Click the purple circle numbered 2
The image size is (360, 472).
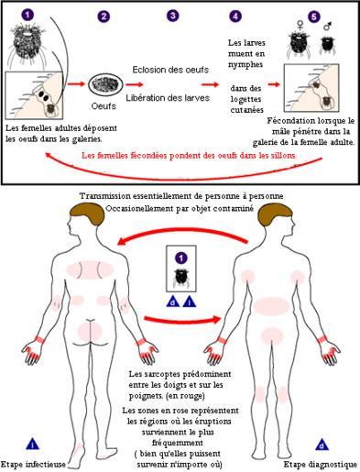[x=104, y=16]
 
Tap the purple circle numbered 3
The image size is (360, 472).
[x=173, y=16]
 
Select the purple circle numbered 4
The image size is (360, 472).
[x=235, y=16]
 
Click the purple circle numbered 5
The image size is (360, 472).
[x=314, y=16]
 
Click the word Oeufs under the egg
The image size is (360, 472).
[x=104, y=106]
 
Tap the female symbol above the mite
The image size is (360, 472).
[x=300, y=26]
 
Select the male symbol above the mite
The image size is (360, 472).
[x=328, y=27]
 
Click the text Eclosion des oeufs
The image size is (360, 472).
[x=170, y=70]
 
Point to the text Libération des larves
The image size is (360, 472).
[x=168, y=98]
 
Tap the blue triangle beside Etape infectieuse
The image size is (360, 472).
[x=32, y=444]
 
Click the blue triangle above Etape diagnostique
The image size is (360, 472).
[x=322, y=445]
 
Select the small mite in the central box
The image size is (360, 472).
[x=181, y=278]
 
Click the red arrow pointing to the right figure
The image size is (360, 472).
[x=182, y=320]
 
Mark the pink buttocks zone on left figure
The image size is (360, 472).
[x=89, y=332]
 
